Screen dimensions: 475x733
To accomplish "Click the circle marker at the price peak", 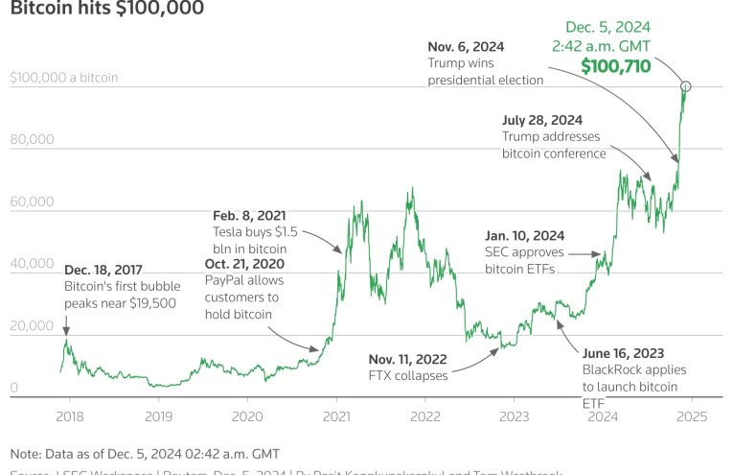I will tap(685, 86).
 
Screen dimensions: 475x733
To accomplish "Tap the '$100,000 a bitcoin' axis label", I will tap(64, 78).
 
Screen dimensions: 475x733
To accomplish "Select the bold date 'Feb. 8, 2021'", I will tap(248, 215).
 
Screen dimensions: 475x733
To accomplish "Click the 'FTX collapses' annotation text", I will tap(408, 375).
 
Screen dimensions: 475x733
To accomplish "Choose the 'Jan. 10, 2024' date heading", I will tap(525, 235).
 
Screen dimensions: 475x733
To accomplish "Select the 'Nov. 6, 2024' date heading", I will tap(466, 46).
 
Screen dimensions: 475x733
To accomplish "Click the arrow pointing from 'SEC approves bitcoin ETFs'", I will tap(585, 254).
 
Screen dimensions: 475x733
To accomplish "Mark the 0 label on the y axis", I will tap(14, 388).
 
